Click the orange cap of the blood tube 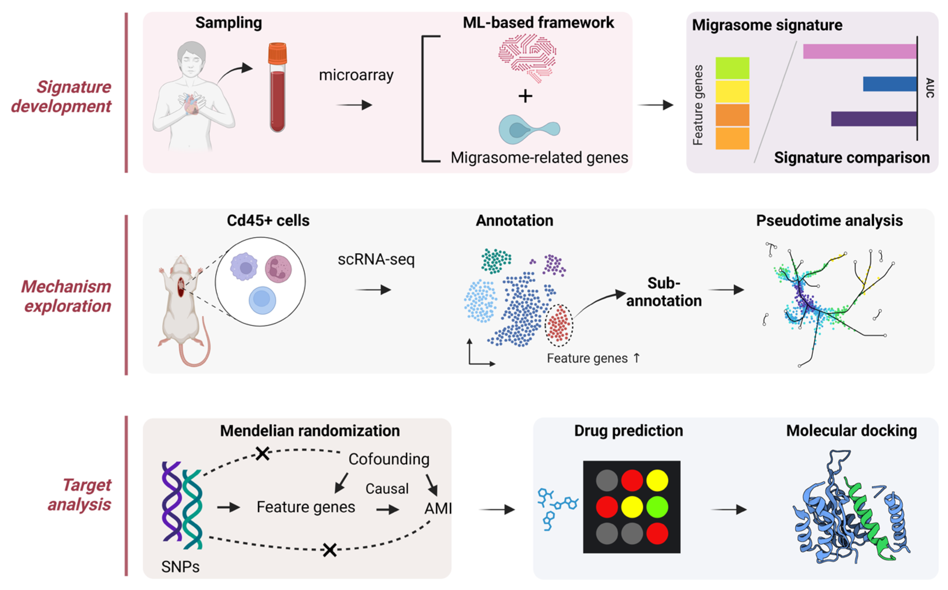277,53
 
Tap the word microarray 356,75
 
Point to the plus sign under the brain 525,96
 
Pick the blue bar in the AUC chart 889,84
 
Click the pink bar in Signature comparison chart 859,52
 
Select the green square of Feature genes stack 732,68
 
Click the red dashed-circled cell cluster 558,325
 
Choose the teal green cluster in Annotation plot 496,261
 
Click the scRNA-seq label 376,260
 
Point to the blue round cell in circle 262,300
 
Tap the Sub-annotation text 664,292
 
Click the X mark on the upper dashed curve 262,454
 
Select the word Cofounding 389,459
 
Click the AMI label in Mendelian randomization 437,508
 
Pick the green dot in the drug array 657,507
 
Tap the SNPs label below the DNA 180,567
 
